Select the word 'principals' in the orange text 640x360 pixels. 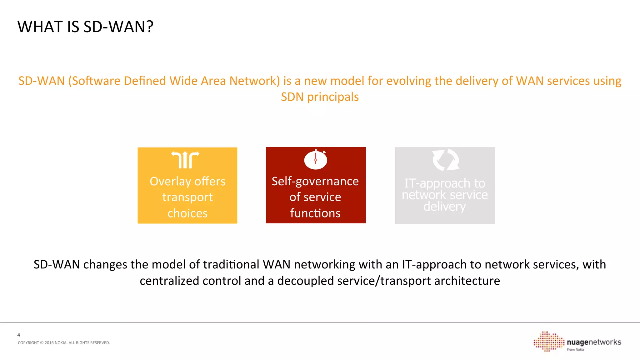point(333,97)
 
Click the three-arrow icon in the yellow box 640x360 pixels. point(185,160)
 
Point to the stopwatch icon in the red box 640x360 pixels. point(316,159)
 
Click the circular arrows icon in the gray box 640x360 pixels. point(445,160)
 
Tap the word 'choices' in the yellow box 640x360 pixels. point(187,213)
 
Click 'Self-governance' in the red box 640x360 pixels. point(315,182)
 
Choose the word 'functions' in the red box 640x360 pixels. point(315,213)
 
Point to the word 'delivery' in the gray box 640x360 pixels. point(444,207)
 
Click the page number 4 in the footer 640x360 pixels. point(19,335)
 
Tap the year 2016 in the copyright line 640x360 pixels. point(49,343)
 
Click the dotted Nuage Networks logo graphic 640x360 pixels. point(548,341)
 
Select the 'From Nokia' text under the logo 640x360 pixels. point(575,350)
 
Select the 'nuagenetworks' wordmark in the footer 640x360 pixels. point(594,342)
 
